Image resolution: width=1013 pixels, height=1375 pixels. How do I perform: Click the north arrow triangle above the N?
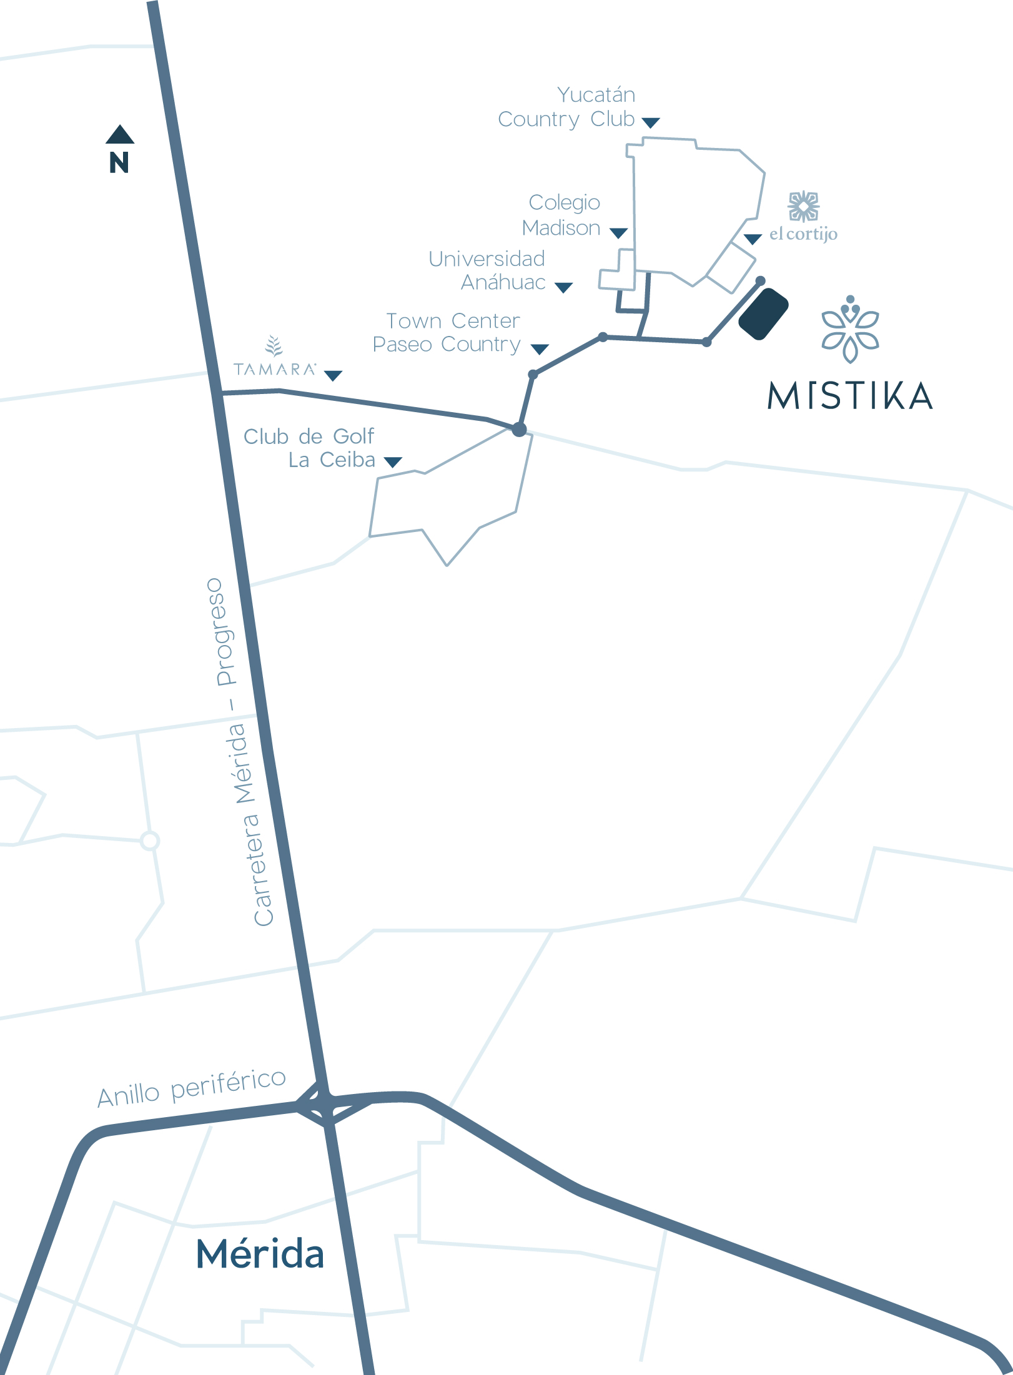(x=120, y=135)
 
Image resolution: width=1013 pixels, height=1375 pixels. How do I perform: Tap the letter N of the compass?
(x=119, y=163)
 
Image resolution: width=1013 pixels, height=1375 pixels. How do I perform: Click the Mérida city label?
(x=260, y=1254)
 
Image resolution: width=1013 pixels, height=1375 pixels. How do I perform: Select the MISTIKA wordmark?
(x=850, y=396)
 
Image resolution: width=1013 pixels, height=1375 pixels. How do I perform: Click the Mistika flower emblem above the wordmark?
(x=850, y=329)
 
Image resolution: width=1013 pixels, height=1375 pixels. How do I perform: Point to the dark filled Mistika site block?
(x=763, y=313)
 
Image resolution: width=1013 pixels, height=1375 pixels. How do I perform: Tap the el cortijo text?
(x=803, y=234)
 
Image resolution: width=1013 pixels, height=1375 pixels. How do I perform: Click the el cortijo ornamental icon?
(x=804, y=207)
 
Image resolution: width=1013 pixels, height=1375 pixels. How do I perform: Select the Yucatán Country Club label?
(x=566, y=107)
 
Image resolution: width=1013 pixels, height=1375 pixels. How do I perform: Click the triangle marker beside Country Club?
(x=651, y=122)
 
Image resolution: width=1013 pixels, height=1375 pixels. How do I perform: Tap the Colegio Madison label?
(x=561, y=215)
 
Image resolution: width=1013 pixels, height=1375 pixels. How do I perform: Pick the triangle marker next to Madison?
(x=618, y=234)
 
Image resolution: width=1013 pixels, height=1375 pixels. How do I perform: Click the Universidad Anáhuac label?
(x=487, y=270)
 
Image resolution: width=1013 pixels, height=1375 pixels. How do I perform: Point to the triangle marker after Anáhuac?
(x=563, y=288)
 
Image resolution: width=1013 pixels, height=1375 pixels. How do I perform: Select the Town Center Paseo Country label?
(x=447, y=332)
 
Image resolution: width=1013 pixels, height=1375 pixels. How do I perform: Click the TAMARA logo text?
(x=275, y=369)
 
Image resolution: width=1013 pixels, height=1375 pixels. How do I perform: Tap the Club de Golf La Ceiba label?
(x=310, y=448)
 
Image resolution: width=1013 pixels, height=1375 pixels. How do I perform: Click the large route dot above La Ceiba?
(x=519, y=430)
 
